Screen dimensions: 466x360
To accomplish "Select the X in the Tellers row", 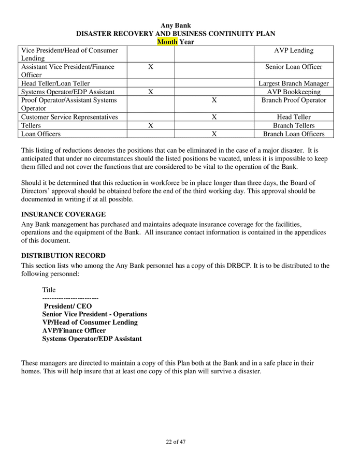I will click(150, 125).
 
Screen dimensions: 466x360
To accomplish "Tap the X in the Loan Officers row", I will click(214, 134).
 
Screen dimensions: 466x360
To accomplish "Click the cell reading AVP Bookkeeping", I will click(294, 92).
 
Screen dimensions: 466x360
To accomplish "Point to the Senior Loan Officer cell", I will click(294, 67).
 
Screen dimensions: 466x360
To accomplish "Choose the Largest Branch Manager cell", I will click(294, 83).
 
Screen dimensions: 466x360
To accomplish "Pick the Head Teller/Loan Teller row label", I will click(55, 83).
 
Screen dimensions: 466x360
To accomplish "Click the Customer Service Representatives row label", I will click(69, 117).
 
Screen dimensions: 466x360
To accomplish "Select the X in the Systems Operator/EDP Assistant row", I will click(150, 92).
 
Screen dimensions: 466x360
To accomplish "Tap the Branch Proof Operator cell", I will click(294, 100).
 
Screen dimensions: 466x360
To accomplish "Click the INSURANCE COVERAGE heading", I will click(63, 214).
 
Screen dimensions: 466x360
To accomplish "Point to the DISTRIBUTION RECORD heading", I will click(63, 256).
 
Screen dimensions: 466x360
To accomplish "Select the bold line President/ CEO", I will click(68, 306).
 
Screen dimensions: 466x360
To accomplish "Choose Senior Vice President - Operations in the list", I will click(94, 314).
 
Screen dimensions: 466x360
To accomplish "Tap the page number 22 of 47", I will click(176, 442).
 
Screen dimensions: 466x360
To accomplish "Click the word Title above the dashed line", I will click(49, 290).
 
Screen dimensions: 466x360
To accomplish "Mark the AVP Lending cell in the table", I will click(294, 50).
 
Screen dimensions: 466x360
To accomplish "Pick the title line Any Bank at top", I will click(176, 25).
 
